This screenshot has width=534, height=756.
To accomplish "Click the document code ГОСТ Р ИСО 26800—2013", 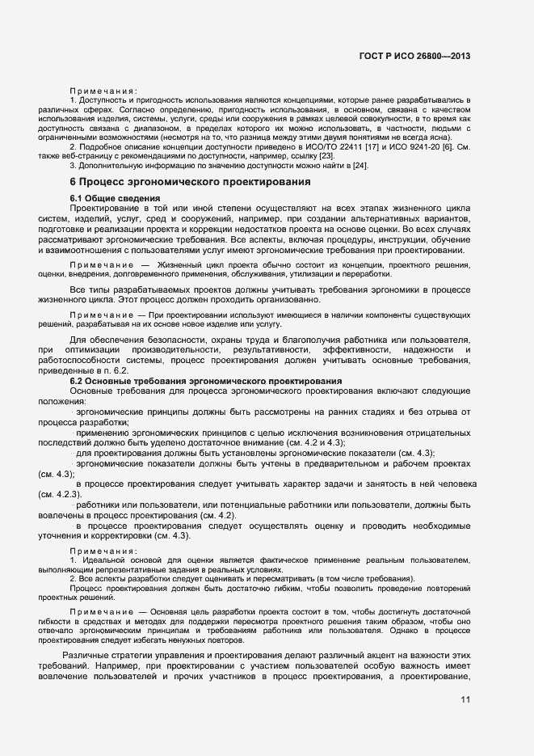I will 414,57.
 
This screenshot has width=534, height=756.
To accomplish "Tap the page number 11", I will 466,700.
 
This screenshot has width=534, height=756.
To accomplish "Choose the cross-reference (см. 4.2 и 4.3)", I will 319,442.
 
